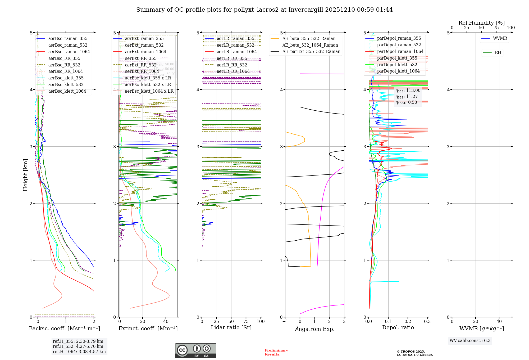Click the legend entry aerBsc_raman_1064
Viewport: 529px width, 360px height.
69,52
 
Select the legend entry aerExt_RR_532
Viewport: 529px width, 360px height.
140,65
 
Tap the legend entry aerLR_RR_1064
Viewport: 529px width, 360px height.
233,71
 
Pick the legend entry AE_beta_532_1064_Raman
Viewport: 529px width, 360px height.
310,45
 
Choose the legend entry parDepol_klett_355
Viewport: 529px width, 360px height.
397,58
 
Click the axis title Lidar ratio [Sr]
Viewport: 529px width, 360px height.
231,328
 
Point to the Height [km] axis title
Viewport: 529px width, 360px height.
25,175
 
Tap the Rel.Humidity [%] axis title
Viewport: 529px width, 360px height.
481,23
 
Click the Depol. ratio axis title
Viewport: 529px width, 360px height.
398,328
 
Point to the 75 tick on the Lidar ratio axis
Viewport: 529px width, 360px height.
246,322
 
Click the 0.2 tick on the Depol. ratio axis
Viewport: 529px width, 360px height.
408,322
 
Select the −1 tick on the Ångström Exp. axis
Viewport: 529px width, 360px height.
285,322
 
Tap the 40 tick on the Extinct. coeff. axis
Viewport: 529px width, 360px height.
166,322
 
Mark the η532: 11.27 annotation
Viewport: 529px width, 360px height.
407,97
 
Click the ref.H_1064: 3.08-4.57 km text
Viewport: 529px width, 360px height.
79,352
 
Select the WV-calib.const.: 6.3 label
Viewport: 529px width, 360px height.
470,341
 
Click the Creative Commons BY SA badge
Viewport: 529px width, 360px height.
195,351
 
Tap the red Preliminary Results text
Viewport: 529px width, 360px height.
276,352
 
